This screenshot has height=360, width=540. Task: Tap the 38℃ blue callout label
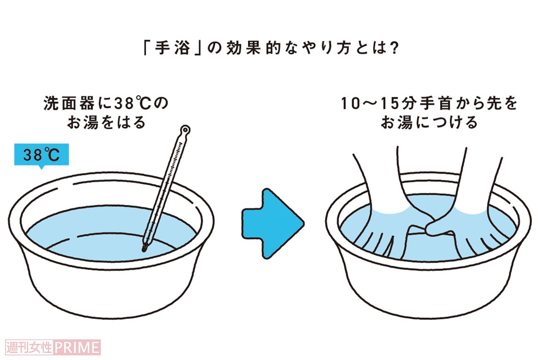pyautogui.click(x=41, y=156)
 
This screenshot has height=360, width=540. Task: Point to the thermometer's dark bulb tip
pyautogui.click(x=145, y=248)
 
